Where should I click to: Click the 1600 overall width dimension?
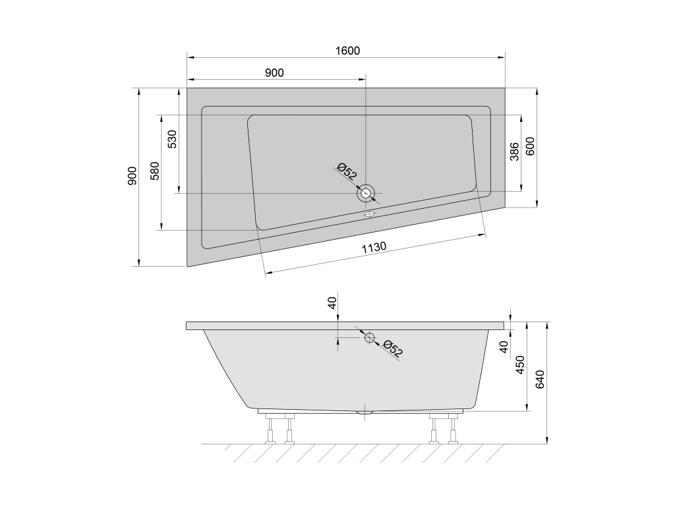pyautogui.click(x=347, y=51)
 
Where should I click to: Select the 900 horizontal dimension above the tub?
pyautogui.click(x=274, y=72)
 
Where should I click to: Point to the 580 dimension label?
pyautogui.click(x=155, y=171)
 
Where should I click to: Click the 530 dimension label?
pyautogui.click(x=172, y=139)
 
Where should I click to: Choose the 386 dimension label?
pyautogui.click(x=514, y=152)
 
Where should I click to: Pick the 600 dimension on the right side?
pyautogui.click(x=530, y=146)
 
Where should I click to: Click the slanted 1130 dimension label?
pyautogui.click(x=374, y=248)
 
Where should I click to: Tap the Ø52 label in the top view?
pyautogui.click(x=347, y=171)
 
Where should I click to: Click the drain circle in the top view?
pyautogui.click(x=366, y=193)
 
